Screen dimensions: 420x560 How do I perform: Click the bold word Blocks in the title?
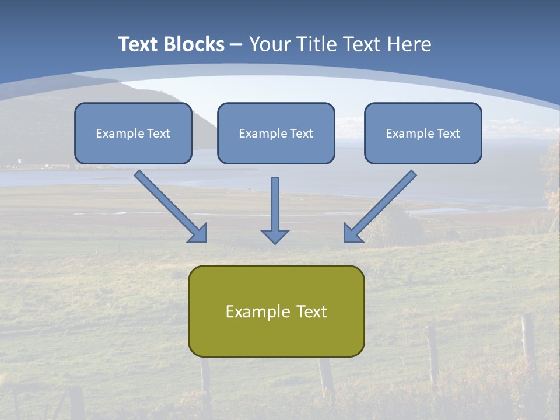(194, 44)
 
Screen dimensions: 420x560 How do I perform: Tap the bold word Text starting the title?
(139, 44)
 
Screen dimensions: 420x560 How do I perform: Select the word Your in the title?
(269, 44)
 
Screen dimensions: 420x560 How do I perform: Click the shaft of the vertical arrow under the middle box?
(275, 201)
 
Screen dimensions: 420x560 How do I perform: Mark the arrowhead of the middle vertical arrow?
(275, 236)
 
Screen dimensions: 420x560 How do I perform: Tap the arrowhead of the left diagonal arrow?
(199, 234)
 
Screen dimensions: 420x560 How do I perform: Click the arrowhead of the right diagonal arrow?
(351, 234)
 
